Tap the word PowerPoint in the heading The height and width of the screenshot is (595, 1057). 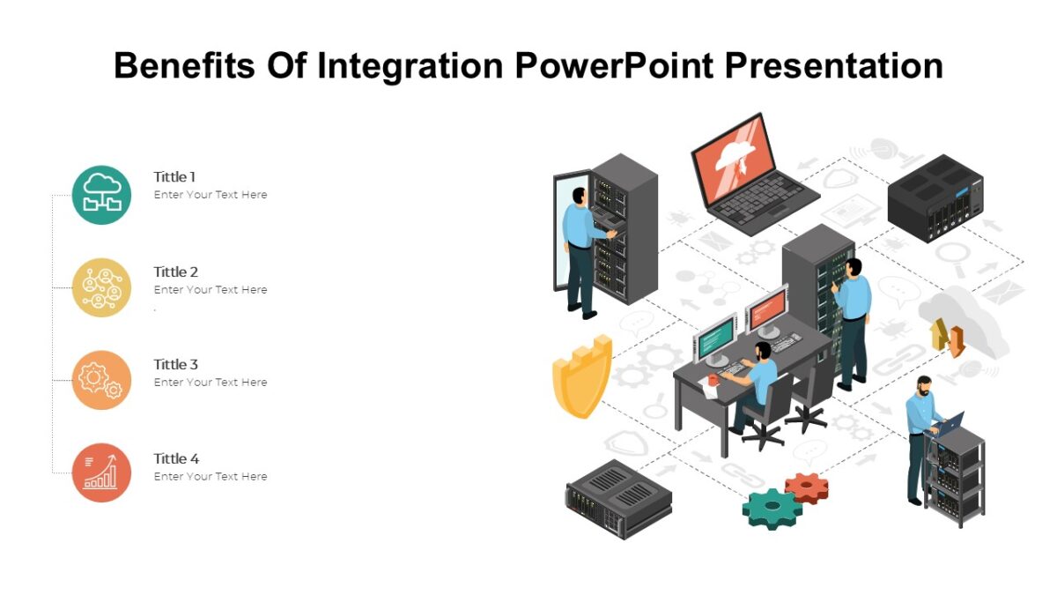[613, 66]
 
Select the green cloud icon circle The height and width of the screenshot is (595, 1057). [101, 195]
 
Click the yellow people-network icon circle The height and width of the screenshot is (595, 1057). [101, 287]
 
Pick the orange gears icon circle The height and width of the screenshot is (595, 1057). [101, 380]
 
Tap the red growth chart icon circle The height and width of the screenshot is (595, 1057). [101, 472]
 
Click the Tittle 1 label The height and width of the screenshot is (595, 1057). [174, 177]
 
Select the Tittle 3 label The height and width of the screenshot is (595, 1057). [175, 364]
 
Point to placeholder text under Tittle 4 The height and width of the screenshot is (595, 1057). [211, 477]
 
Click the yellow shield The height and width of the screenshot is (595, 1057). [580, 376]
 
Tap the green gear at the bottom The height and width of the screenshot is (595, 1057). [772, 509]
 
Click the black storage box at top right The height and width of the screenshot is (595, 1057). [934, 198]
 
